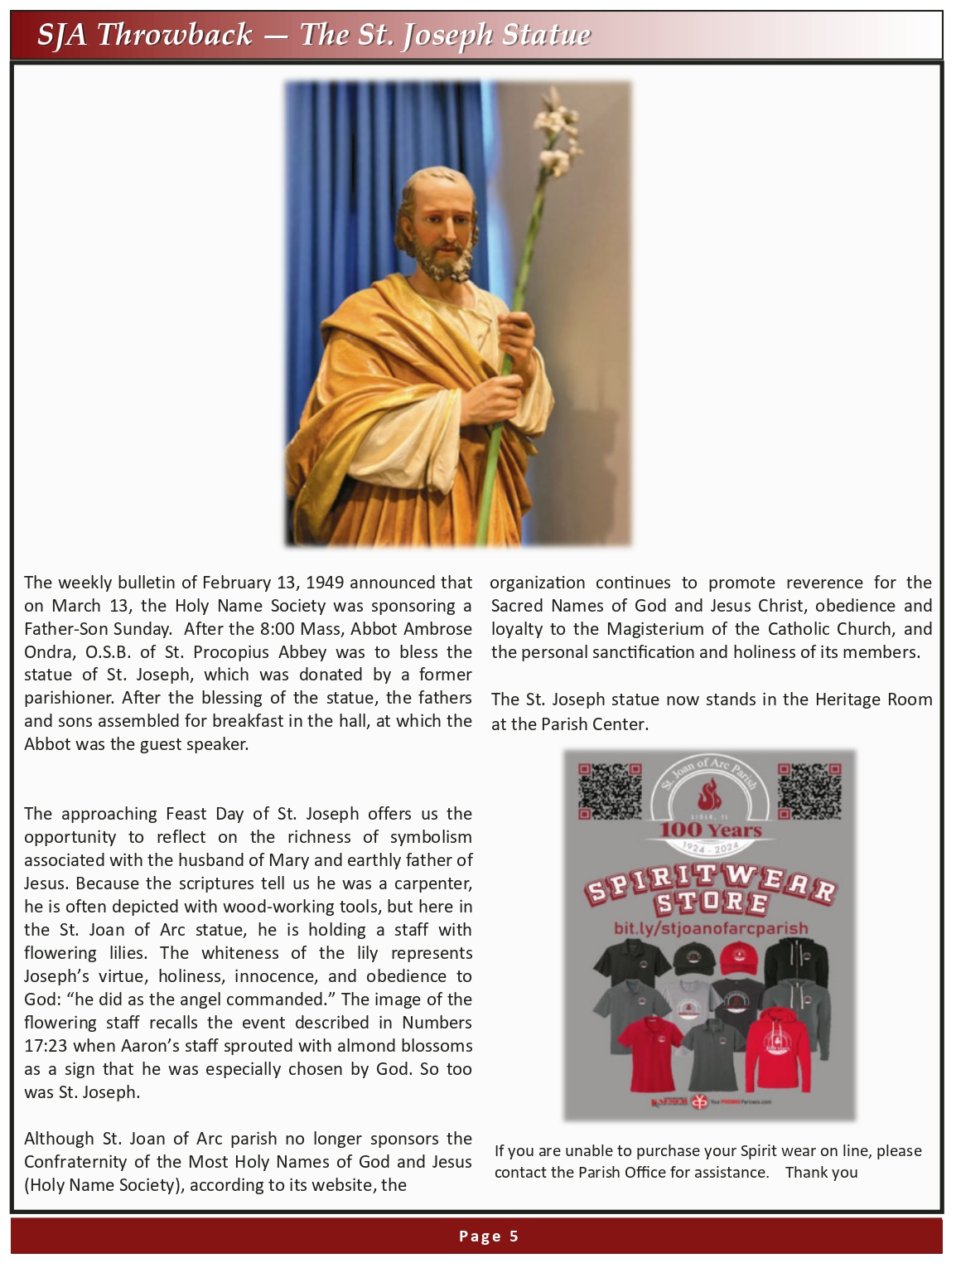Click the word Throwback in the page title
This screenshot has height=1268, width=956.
pos(174,35)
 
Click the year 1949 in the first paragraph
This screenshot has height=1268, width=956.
pos(325,583)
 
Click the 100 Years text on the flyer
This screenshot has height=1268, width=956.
pos(710,830)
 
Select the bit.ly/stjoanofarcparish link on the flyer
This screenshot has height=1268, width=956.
pos(710,928)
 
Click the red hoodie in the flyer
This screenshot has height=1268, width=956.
pos(778,1053)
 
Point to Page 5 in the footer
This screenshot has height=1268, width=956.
pos(488,1237)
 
